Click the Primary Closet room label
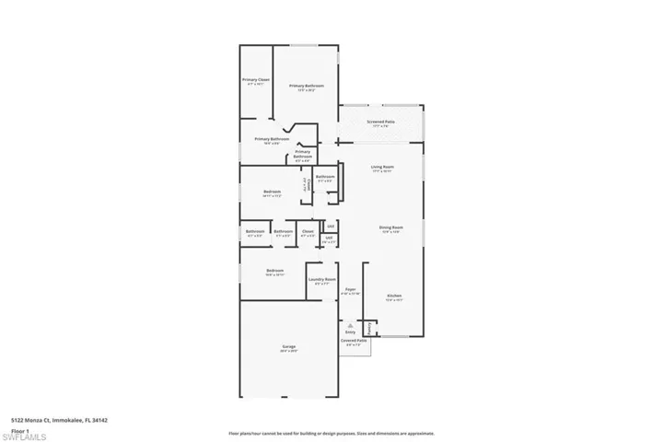(x=256, y=80)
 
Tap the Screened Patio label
(x=380, y=122)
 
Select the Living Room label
(x=382, y=168)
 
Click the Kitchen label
(x=393, y=296)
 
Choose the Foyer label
(x=350, y=289)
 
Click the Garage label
(x=288, y=345)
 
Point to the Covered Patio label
(x=354, y=340)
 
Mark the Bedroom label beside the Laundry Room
(x=274, y=270)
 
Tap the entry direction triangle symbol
(x=350, y=323)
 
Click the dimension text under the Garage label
(x=288, y=351)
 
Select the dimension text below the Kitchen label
(x=393, y=300)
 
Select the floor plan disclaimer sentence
(x=332, y=432)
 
